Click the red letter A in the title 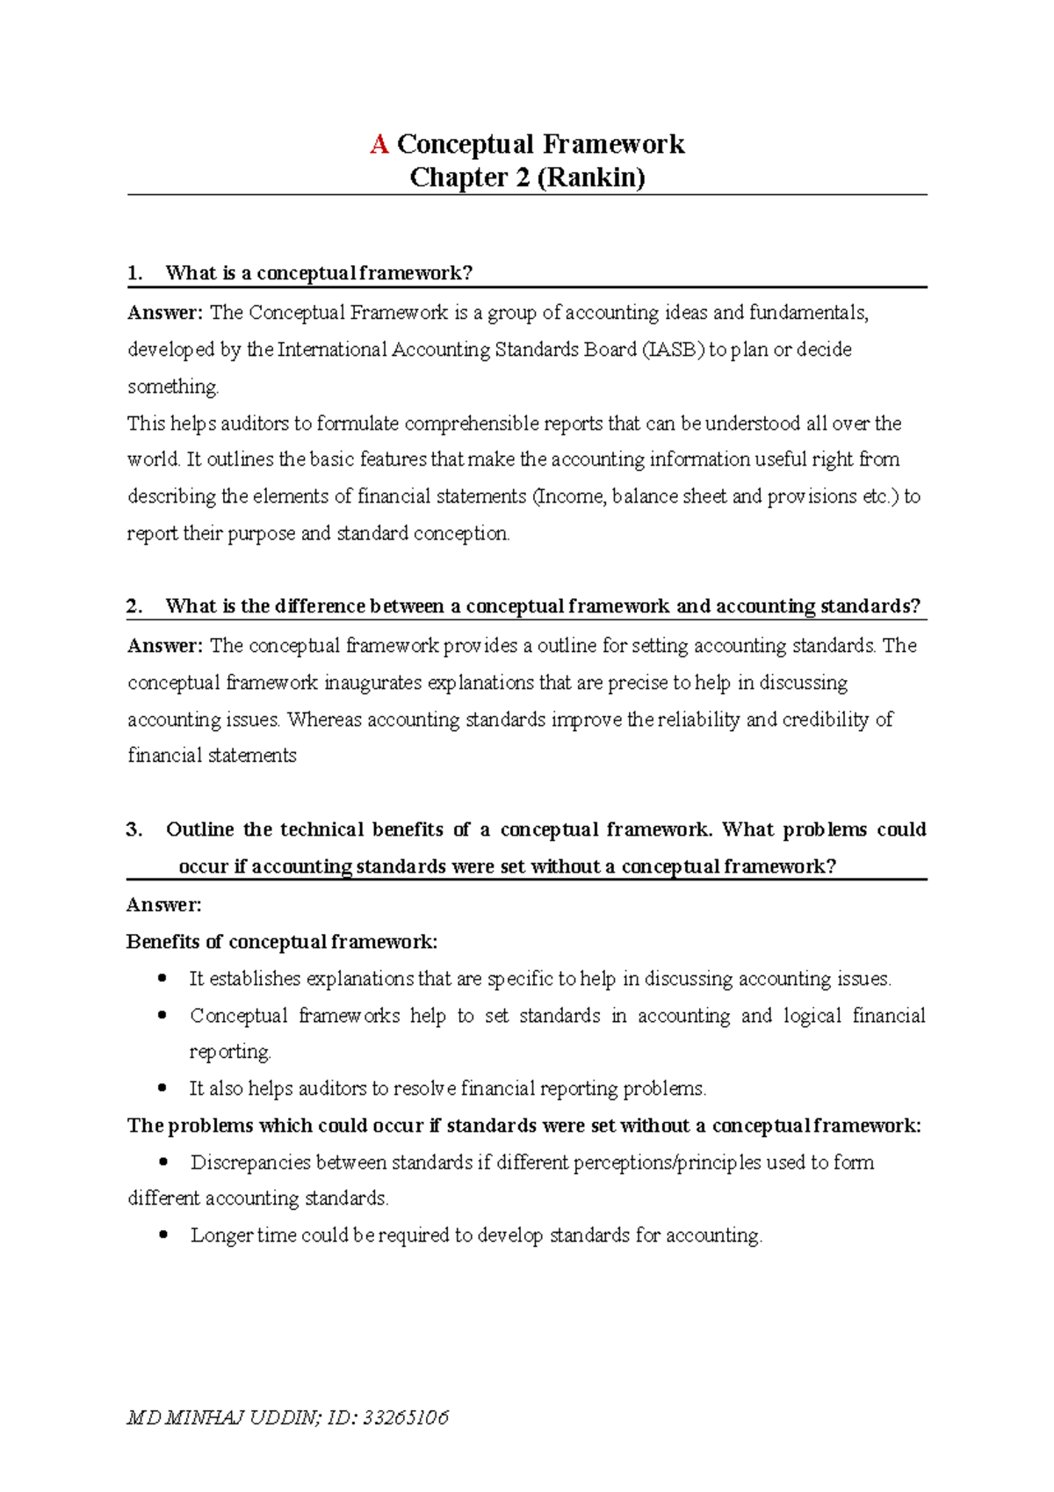pos(379,144)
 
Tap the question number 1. pos(134,273)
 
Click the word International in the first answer pos(333,350)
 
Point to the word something pos(172,387)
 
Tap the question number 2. pos(134,606)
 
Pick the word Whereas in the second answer pos(324,720)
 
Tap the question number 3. pos(134,829)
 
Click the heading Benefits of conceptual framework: pos(281,942)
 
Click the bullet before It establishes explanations pos(162,978)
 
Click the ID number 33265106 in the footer pos(406,1417)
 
